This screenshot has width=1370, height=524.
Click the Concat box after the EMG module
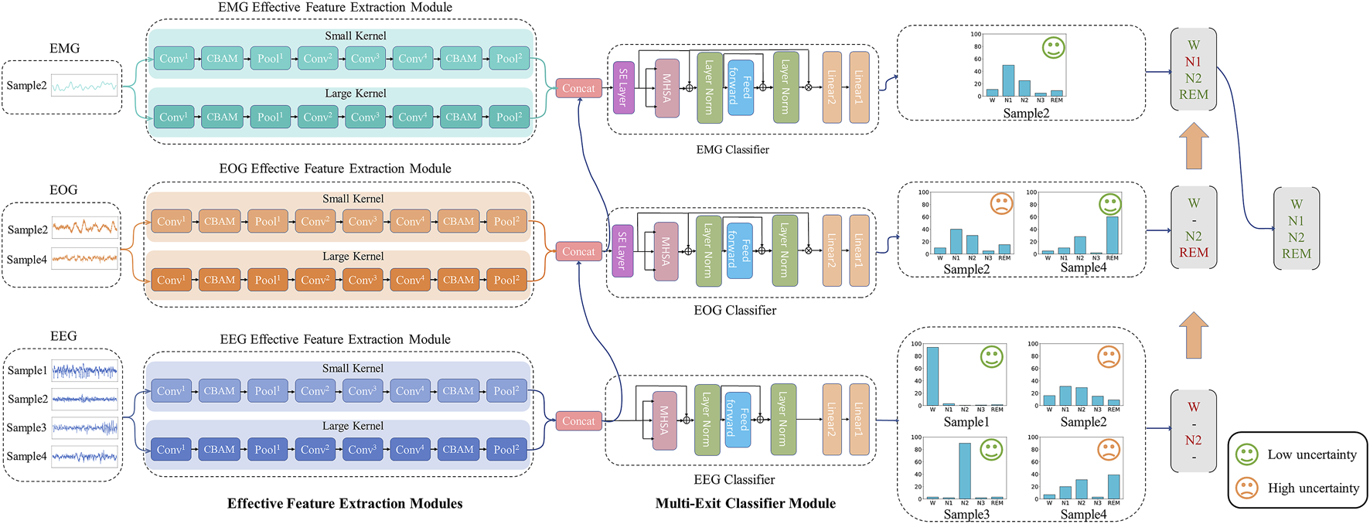[x=578, y=88]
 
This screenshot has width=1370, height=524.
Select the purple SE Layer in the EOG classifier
[x=622, y=250]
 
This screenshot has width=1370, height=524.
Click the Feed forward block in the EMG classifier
[x=741, y=87]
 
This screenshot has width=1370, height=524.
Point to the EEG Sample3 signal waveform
[x=85, y=427]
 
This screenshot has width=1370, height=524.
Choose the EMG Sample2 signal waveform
[x=85, y=86]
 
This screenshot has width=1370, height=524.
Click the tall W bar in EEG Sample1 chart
[x=932, y=376]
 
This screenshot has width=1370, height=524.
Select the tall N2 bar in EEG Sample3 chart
[x=965, y=470]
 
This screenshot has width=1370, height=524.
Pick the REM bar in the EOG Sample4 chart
[x=1112, y=235]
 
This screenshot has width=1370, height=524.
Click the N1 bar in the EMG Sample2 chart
[x=1008, y=80]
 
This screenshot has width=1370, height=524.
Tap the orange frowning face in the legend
[x=1246, y=488]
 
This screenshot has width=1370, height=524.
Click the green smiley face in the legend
[x=1246, y=454]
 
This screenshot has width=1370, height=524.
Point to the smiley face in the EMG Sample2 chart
[x=1053, y=48]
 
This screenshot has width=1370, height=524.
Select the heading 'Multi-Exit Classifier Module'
[x=745, y=503]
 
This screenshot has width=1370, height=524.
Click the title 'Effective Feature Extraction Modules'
[x=345, y=503]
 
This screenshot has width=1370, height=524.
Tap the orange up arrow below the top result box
[x=1194, y=148]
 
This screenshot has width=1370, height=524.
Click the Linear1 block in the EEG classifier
[x=859, y=420]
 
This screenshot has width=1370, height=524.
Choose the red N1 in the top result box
[x=1193, y=62]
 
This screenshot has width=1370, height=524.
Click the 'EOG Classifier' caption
[x=734, y=310]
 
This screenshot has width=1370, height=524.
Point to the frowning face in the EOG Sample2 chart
[x=1001, y=204]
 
